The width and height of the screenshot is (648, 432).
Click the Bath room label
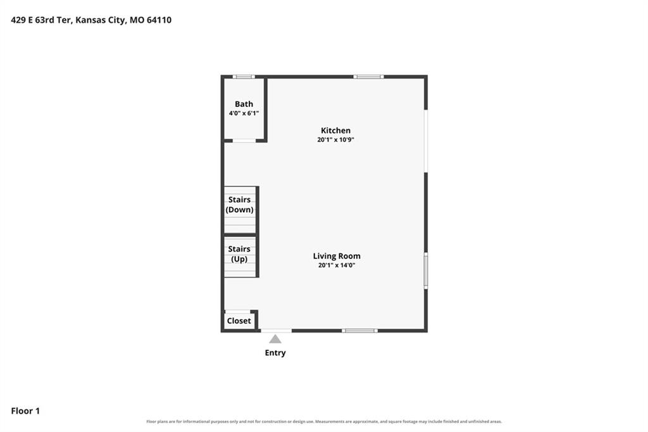pos(244,104)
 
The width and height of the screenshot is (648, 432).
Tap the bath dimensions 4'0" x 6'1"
pos(244,113)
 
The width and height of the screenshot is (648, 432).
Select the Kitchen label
pos(335,130)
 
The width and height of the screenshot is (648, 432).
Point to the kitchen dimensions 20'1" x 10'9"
pos(335,139)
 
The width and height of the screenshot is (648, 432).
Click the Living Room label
pos(337,256)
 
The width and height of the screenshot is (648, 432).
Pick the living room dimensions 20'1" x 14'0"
pos(337,265)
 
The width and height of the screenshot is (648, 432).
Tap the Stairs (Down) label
pos(239,205)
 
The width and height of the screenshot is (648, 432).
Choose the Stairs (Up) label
pos(239,253)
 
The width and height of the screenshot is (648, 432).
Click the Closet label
pos(239,321)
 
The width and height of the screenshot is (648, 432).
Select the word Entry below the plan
pos(275,353)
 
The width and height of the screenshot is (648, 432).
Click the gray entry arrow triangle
pos(275,340)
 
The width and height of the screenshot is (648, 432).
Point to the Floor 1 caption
pos(25,411)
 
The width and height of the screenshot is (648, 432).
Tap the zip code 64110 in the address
pos(159,20)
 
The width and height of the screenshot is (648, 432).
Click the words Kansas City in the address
pos(101,20)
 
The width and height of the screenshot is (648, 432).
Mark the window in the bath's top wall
pos(244,77)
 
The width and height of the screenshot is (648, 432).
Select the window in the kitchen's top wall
pos(368,77)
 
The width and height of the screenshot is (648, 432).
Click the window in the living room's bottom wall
pos(359,331)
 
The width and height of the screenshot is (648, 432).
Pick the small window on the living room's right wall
pos(426,270)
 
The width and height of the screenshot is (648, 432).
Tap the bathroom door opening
pos(244,141)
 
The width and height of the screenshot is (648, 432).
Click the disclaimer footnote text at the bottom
pos(324,422)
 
